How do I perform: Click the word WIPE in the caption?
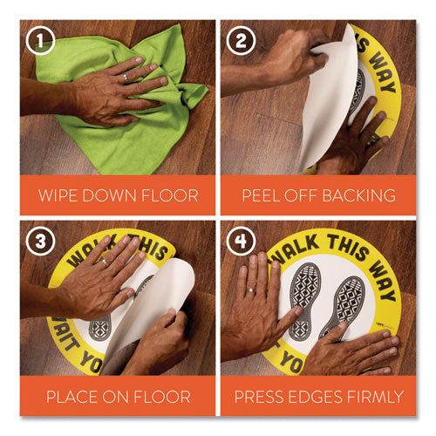[68, 194]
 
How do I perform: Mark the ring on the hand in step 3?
[106, 260]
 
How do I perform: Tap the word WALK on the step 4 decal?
[296, 247]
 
